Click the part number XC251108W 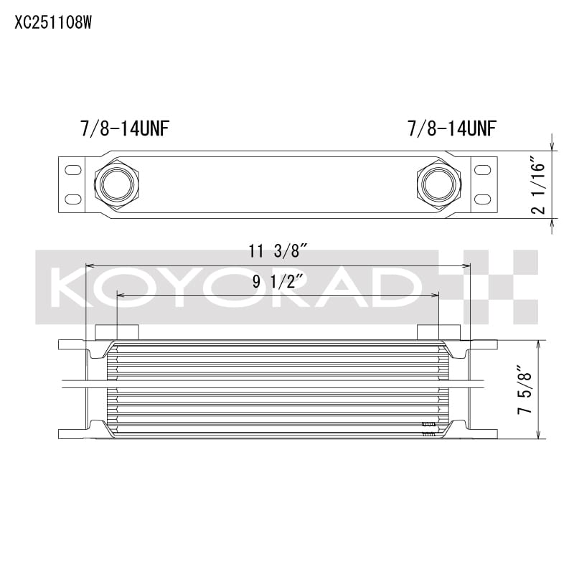(53, 22)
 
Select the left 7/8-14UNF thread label (126, 128)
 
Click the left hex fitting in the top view (117, 184)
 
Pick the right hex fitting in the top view (438, 184)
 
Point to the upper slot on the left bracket (73, 170)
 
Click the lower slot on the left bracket (73, 198)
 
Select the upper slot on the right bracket (482, 170)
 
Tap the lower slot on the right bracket (482, 198)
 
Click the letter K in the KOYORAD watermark (76, 287)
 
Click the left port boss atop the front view (117, 331)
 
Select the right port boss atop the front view (438, 331)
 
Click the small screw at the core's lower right (428, 429)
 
